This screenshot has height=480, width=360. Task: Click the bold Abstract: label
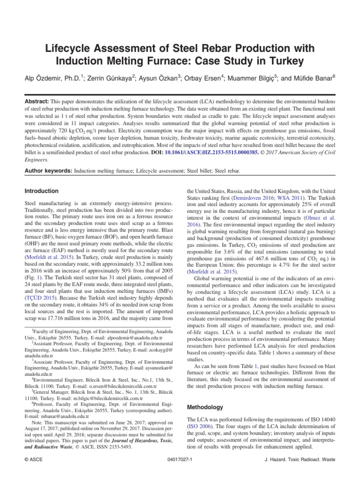[39, 101]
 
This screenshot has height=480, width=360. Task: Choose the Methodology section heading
[205, 407]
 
